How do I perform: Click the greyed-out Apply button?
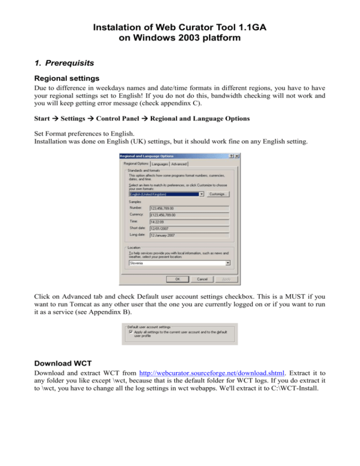pos(226,279)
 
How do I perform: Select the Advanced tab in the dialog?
pos(179,164)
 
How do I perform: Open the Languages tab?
pos(160,164)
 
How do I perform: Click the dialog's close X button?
pos(237,156)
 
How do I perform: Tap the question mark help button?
pos(232,156)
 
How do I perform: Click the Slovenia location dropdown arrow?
pos(228,263)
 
